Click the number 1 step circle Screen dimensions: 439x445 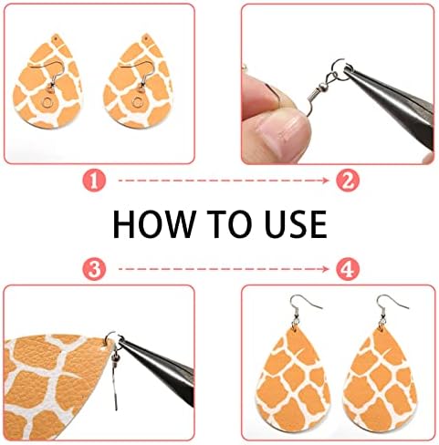point(94,181)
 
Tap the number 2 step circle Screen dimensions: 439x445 point(348,181)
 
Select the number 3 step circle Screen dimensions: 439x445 point(94,269)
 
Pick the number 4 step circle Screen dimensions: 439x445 point(348,269)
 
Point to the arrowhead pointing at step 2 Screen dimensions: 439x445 point(326,181)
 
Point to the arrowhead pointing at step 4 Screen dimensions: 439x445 point(326,269)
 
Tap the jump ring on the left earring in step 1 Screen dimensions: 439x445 point(48,102)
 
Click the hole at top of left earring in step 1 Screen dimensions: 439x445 point(56,39)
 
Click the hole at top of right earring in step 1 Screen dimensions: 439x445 point(147,38)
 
